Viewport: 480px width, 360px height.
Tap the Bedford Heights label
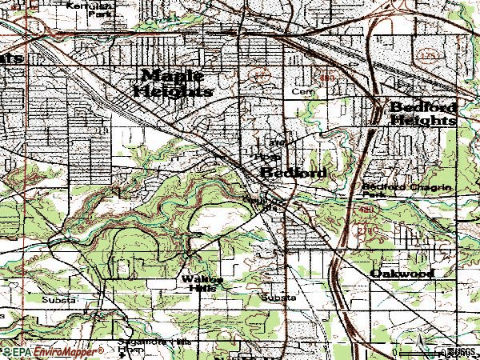[x=422, y=114]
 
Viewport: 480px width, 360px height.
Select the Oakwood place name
[x=402, y=274]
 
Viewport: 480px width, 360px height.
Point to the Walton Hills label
[x=202, y=282]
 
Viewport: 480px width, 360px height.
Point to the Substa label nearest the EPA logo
[x=60, y=299]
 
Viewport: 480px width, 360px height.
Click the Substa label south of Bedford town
[x=278, y=298]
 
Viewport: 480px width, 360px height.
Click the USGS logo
[x=461, y=351]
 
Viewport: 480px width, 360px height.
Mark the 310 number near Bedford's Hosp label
[x=278, y=143]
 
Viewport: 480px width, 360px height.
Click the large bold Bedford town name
[x=292, y=174]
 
